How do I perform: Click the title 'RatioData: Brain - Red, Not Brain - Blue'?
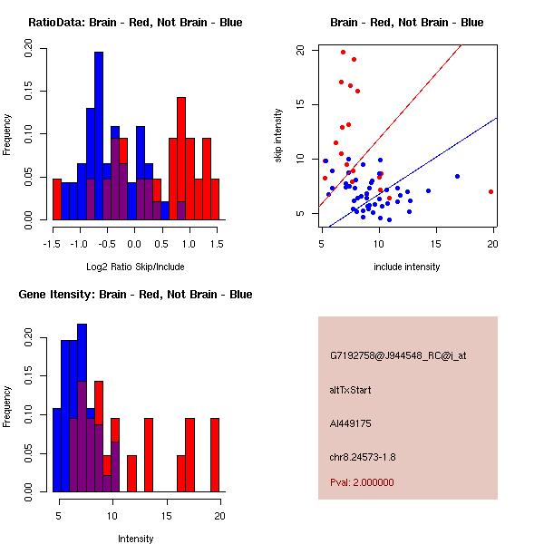click(135, 23)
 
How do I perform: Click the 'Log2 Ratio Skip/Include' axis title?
click(135, 267)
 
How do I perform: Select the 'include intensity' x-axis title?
click(407, 267)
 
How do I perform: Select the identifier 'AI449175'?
click(351, 423)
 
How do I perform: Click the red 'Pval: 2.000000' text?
click(362, 482)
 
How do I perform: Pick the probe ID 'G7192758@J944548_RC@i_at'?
click(398, 356)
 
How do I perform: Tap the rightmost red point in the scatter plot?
click(491, 191)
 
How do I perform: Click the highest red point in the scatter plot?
click(343, 53)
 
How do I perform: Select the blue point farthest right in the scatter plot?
click(457, 176)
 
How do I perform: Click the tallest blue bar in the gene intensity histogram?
click(83, 408)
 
